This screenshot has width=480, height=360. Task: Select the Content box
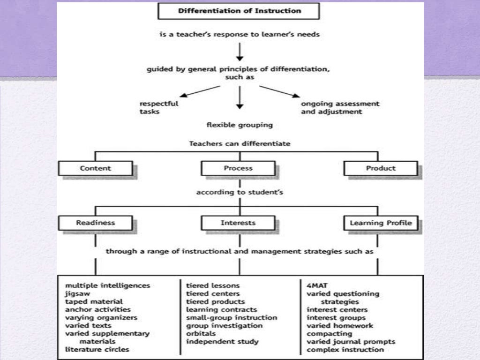96,168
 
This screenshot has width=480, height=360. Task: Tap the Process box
238,168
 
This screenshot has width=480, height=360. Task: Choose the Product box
380,168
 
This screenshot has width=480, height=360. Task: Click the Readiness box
96,223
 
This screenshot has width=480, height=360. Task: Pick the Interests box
238,223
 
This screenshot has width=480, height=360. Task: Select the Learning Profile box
381,223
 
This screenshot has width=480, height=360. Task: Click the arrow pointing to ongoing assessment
280,91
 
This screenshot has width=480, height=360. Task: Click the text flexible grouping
240,125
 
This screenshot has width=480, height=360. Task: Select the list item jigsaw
77,293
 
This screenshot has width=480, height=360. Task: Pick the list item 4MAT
317,285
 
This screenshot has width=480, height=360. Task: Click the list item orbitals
201,333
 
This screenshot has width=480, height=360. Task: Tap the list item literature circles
97,349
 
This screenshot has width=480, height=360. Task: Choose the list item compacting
330,333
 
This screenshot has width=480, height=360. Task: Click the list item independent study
222,341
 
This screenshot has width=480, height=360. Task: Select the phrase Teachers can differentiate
240,144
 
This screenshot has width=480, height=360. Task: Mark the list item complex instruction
345,349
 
